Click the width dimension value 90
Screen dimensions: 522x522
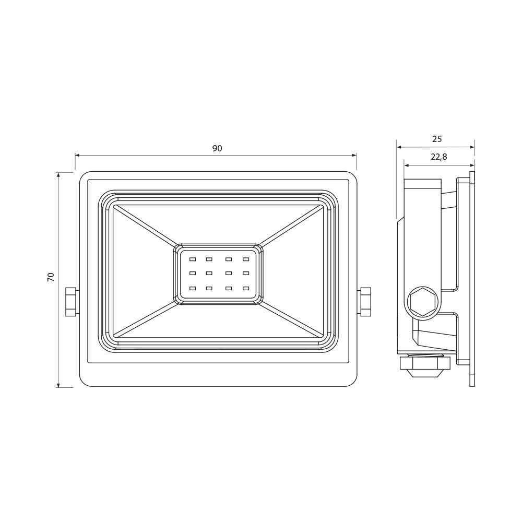(217, 148)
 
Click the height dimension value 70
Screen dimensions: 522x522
(51, 277)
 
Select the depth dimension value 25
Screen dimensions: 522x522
(437, 139)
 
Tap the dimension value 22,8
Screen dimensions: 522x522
(439, 157)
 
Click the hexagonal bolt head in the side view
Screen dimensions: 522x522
(422, 302)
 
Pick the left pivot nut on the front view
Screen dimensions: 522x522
(72, 302)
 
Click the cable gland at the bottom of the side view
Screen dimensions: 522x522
(425, 366)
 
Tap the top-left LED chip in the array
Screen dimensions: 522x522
(193, 259)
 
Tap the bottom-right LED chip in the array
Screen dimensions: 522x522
(246, 288)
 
